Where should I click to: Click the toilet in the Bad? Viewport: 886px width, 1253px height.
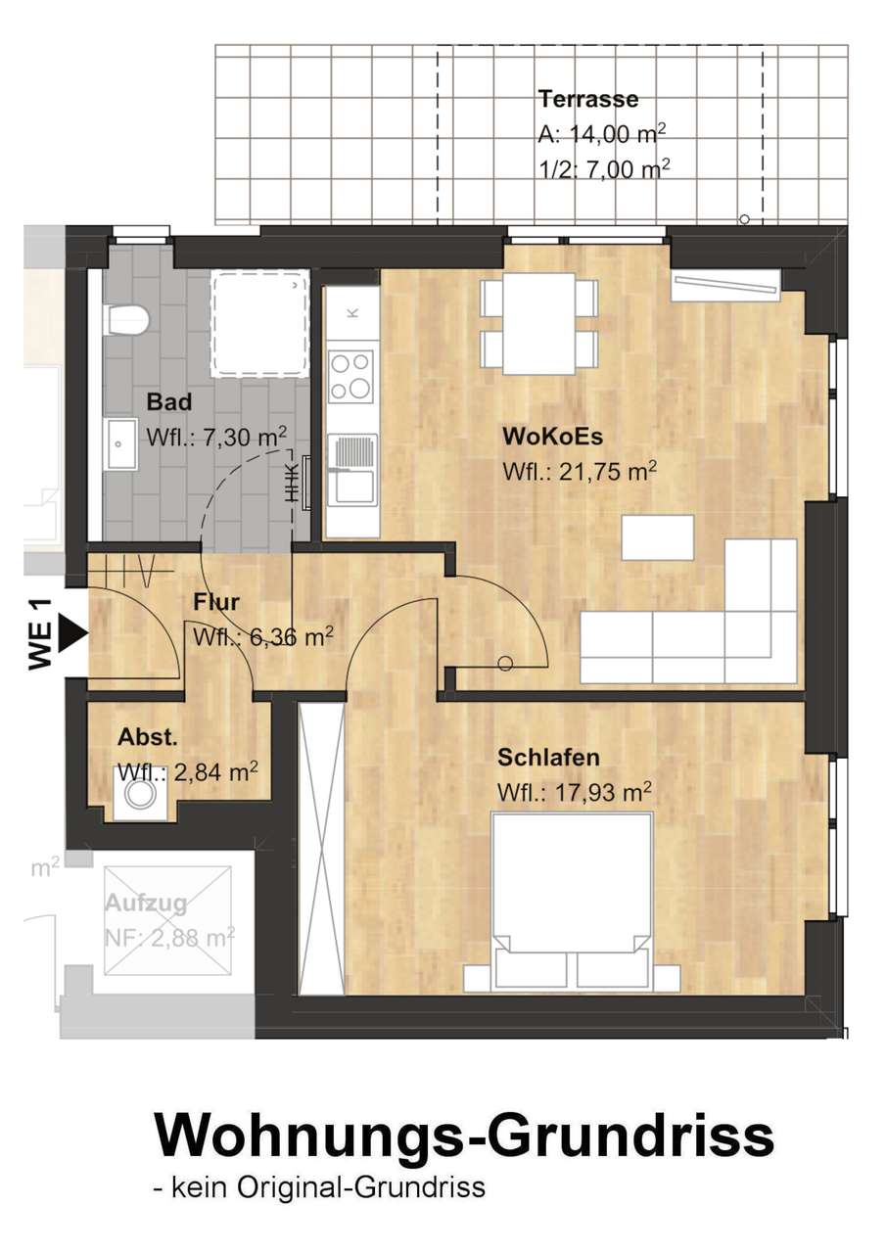coord(126,320)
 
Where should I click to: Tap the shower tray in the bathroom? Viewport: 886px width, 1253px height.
coord(260,324)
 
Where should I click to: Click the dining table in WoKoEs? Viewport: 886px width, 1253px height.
coord(539,324)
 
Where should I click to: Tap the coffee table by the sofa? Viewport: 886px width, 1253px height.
coord(658,537)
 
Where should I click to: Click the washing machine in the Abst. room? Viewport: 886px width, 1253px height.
coord(141,793)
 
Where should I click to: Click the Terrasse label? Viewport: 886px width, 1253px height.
coord(587,99)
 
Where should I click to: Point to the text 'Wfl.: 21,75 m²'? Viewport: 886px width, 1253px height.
coord(580,472)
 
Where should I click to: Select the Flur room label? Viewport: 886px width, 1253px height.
coord(216,602)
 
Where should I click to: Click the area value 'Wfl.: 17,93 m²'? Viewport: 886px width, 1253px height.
coord(575,792)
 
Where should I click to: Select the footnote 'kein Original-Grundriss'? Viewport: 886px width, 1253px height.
coord(328,1187)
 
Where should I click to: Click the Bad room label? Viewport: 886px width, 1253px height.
coord(169,401)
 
